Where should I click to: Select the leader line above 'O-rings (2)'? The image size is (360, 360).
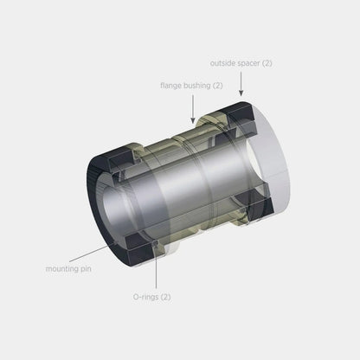(x=157, y=272)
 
